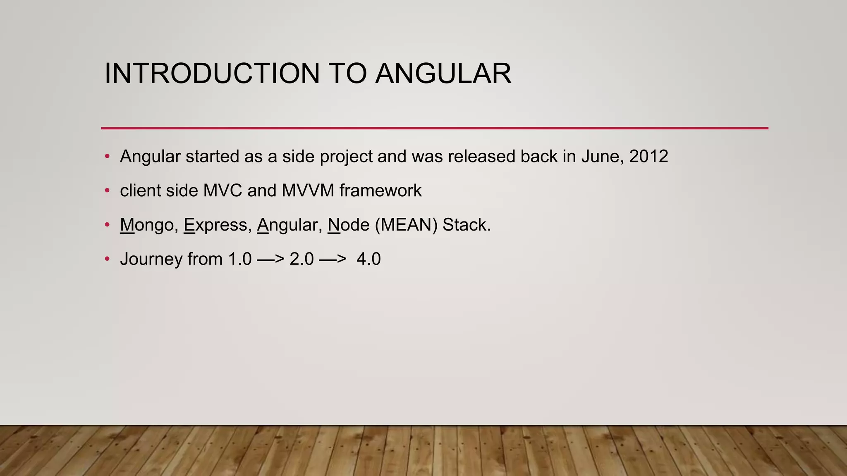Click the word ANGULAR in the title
[x=443, y=74]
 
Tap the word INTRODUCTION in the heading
[x=212, y=74]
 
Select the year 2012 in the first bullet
[x=648, y=157]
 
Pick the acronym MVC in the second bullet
[x=223, y=191]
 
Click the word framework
[x=380, y=191]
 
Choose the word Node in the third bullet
[x=348, y=225]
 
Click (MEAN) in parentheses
[x=406, y=225]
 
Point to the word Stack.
[x=466, y=225]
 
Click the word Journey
[x=151, y=259]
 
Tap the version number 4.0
[x=368, y=259]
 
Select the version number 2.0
[x=301, y=259]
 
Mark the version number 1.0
[x=240, y=259]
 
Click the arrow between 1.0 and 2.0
[x=270, y=259]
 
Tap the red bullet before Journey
[x=108, y=259]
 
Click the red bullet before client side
[x=108, y=190]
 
